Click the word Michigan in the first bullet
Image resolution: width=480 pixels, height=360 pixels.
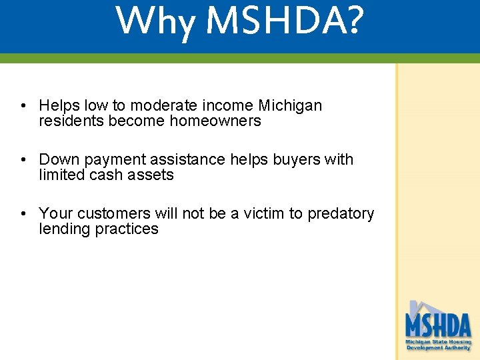click(290, 105)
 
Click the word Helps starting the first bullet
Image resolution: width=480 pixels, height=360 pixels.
click(58, 105)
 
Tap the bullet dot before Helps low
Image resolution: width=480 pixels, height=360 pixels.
click(23, 105)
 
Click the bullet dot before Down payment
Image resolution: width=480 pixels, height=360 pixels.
click(23, 159)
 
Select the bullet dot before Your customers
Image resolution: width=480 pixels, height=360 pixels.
click(23, 213)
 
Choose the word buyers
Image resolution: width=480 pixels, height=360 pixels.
click(296, 159)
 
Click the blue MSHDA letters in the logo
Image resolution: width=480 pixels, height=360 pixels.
click(438, 325)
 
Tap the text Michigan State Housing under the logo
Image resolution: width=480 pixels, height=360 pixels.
click(438, 341)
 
